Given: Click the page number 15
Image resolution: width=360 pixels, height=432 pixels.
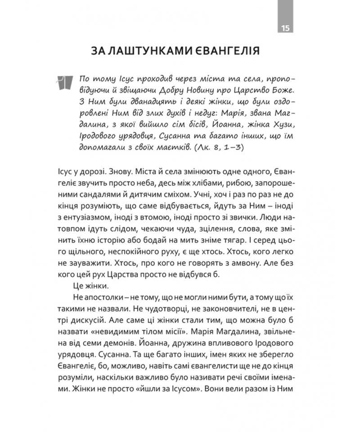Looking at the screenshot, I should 285,28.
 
